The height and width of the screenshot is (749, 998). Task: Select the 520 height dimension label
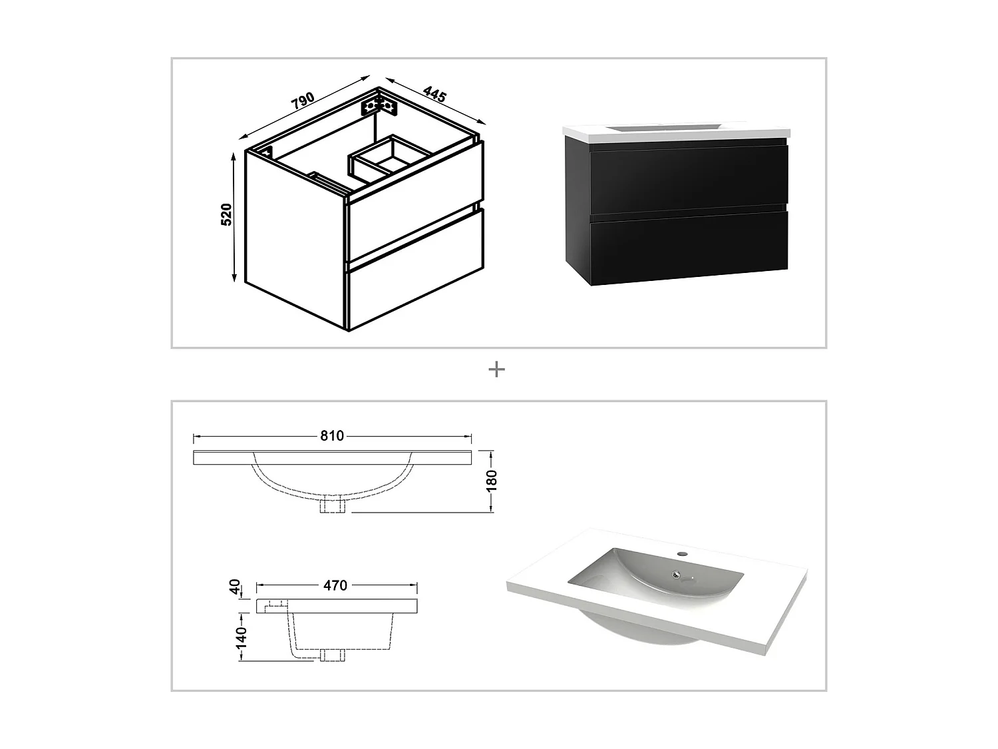[226, 214]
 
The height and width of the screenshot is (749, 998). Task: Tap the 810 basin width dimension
[332, 436]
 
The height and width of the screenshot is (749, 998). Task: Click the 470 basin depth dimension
[335, 585]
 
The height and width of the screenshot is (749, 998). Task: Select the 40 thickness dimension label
[234, 587]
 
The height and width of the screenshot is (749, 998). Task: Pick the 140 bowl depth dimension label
[241, 637]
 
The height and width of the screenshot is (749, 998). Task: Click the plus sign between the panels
[496, 370]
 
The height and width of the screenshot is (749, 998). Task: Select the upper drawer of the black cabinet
[689, 180]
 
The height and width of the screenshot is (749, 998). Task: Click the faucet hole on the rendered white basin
[681, 553]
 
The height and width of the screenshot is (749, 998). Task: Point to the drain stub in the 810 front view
[332, 505]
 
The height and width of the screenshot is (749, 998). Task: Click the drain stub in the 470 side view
[331, 654]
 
